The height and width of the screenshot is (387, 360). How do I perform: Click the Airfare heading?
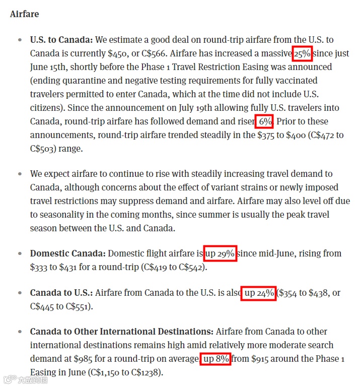point(24,14)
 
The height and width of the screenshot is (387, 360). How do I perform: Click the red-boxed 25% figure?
point(302,53)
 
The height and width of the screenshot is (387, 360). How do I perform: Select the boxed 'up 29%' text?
point(220,253)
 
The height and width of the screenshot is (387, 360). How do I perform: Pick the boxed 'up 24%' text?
point(259,293)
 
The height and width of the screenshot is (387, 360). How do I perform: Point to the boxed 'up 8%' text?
point(215,359)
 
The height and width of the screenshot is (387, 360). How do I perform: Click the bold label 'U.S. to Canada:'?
point(61,40)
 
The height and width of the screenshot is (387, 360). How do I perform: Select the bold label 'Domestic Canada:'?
point(67,253)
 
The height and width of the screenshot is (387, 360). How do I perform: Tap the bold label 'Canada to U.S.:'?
point(61,293)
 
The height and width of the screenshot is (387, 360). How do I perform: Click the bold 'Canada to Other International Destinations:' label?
point(121,332)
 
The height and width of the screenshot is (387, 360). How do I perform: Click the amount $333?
point(39,267)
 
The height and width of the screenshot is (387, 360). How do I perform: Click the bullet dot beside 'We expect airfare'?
point(20,174)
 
